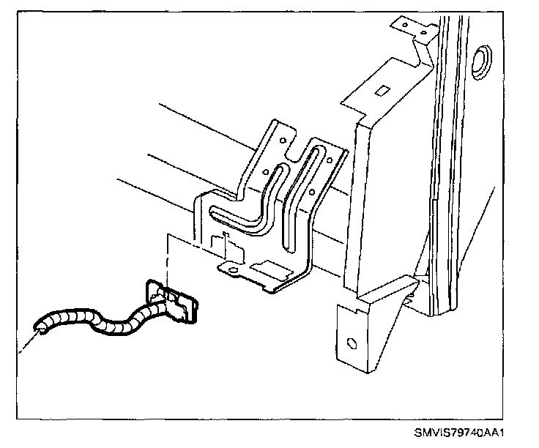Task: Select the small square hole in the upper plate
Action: (x=380, y=91)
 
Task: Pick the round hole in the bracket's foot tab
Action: (x=234, y=270)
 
